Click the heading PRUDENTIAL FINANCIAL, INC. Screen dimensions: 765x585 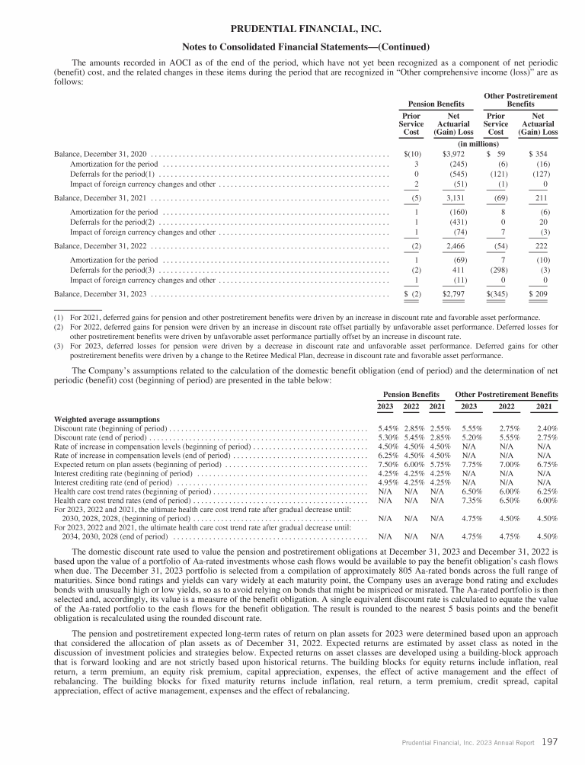pyautogui.click(x=292, y=29)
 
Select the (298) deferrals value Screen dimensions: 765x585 pyautogui.click(x=497, y=270)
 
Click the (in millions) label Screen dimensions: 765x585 pyautogui.click(x=479, y=143)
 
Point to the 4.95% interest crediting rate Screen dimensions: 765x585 pyautogui.click(x=389, y=482)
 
